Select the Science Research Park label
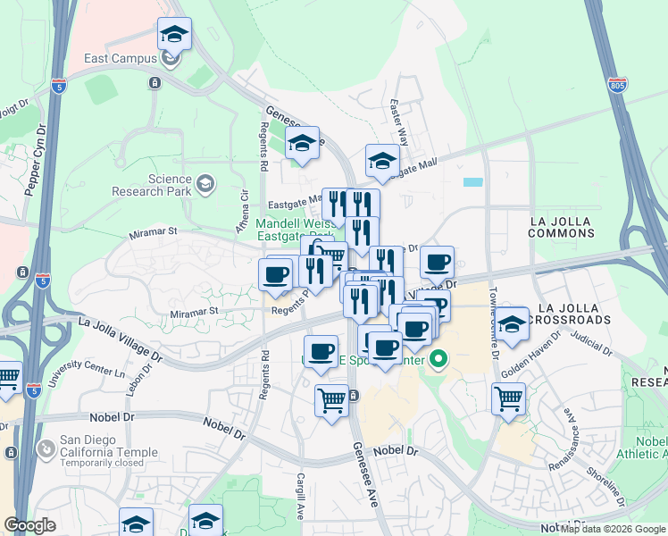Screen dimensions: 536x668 point(152,185)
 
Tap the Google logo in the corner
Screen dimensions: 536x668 point(30,525)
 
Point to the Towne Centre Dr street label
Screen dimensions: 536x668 point(493,322)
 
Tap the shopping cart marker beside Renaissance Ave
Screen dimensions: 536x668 point(508,399)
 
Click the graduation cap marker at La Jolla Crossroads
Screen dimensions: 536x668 point(512,325)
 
